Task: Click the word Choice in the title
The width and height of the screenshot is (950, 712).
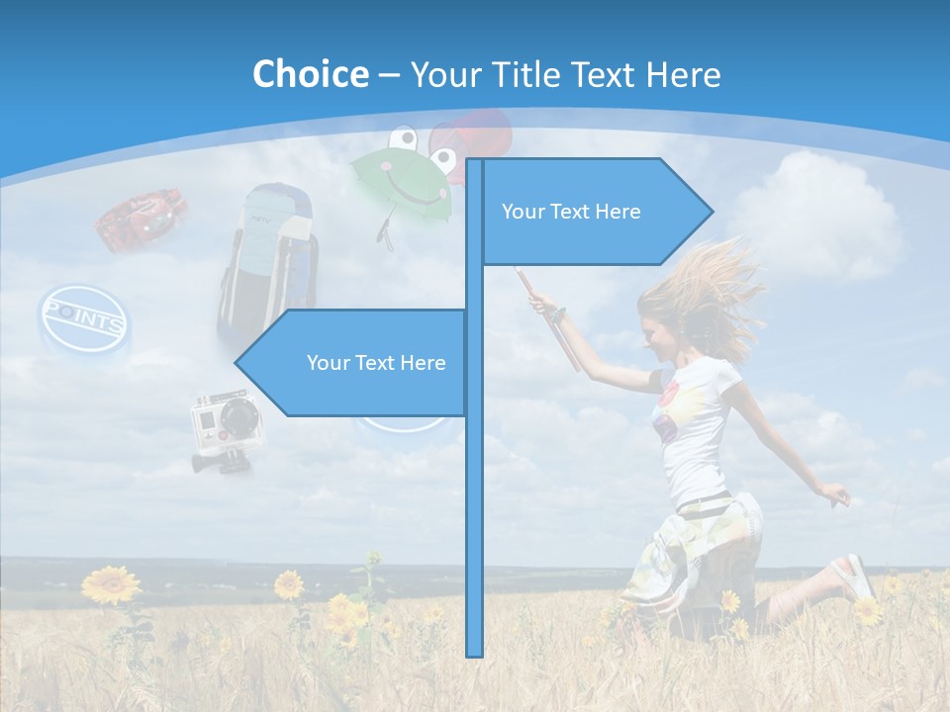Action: [310, 74]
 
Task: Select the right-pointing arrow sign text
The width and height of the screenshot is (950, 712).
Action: [571, 212]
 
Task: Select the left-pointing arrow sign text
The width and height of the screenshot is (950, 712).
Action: [376, 363]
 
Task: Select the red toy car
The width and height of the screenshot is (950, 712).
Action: [143, 218]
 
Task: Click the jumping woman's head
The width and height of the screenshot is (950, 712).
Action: [683, 316]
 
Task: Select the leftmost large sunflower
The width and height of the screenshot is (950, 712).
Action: [111, 584]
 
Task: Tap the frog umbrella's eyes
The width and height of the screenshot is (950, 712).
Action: [416, 138]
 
